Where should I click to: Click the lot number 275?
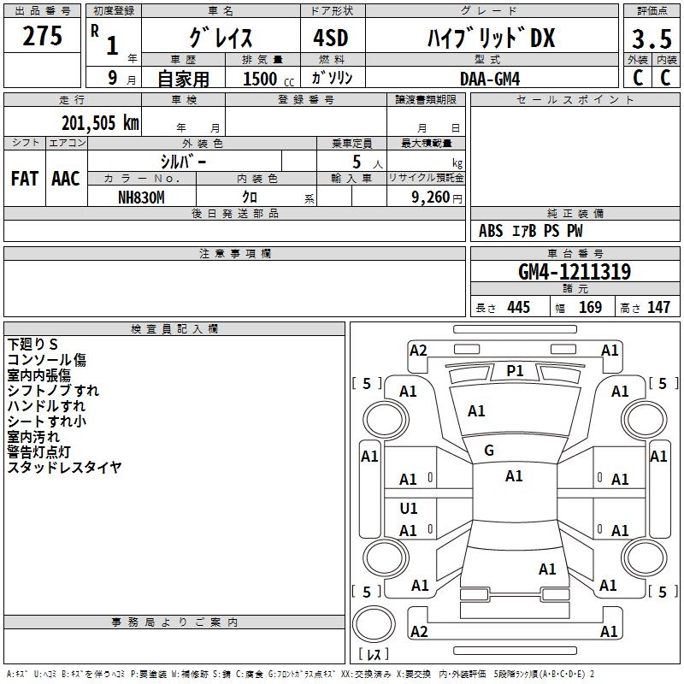(43, 37)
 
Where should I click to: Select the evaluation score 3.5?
(651, 38)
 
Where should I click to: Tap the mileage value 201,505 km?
(99, 122)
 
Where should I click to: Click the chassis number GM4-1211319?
(575, 273)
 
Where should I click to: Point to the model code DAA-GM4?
(490, 78)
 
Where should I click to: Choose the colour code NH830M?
(141, 197)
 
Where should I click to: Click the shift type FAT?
(24, 179)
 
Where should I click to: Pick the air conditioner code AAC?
(65, 179)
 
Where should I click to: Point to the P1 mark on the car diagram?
(515, 370)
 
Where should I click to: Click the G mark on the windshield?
(489, 451)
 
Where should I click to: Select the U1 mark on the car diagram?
(409, 509)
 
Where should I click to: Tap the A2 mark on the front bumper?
(418, 350)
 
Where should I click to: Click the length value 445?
(518, 308)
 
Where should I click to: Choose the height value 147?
(658, 308)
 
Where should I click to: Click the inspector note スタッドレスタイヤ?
(64, 467)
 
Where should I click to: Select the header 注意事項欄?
(234, 254)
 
